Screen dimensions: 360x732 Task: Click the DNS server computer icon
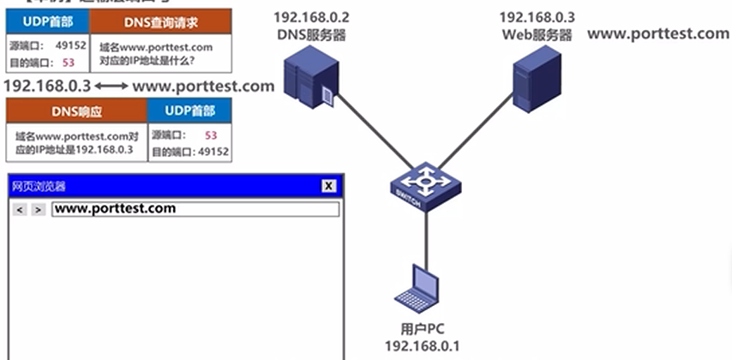coord(309,78)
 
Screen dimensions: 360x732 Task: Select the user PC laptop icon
coord(421,287)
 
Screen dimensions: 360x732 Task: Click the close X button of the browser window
coord(328,186)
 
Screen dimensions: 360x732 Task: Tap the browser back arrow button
coord(21,209)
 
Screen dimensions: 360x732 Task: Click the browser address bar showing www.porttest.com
coord(195,209)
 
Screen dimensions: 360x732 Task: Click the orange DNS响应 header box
coord(75,111)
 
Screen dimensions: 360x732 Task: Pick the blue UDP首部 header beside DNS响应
coord(189,111)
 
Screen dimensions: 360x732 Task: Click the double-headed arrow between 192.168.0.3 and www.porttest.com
coord(111,86)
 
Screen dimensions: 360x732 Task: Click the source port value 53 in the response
coord(210,135)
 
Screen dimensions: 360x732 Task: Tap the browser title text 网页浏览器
coord(39,186)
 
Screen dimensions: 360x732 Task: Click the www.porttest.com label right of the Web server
coord(658,34)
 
